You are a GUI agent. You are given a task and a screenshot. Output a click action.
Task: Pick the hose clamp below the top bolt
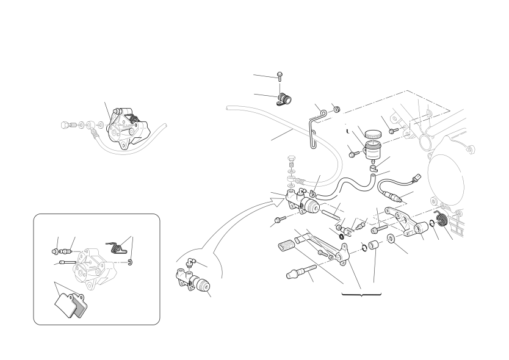(x=284, y=99)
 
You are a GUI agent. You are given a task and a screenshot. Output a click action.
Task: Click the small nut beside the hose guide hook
(x=336, y=109)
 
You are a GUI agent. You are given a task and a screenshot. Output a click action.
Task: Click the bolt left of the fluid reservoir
(x=352, y=154)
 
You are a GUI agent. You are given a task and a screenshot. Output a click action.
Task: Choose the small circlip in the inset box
(x=132, y=263)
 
